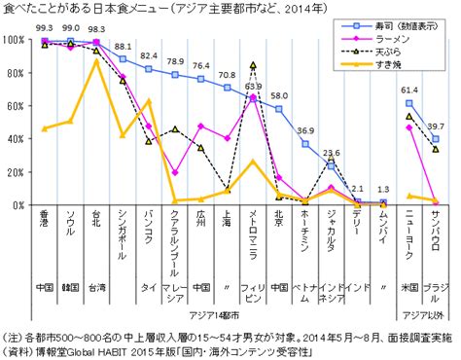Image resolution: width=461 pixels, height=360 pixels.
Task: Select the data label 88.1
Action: [x=123, y=47]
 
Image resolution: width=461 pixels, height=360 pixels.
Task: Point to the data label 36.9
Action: [x=305, y=130]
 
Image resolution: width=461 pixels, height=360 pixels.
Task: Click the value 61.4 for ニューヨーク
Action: [x=409, y=90]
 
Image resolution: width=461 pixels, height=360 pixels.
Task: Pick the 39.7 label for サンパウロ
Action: [x=436, y=126]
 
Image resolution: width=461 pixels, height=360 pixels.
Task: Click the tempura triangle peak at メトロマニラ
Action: [x=253, y=66]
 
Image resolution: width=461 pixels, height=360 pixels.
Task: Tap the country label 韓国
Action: [x=70, y=287]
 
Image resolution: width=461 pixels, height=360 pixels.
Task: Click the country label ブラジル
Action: [x=436, y=287]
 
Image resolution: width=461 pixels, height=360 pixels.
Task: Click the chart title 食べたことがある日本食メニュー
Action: [x=78, y=9]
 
